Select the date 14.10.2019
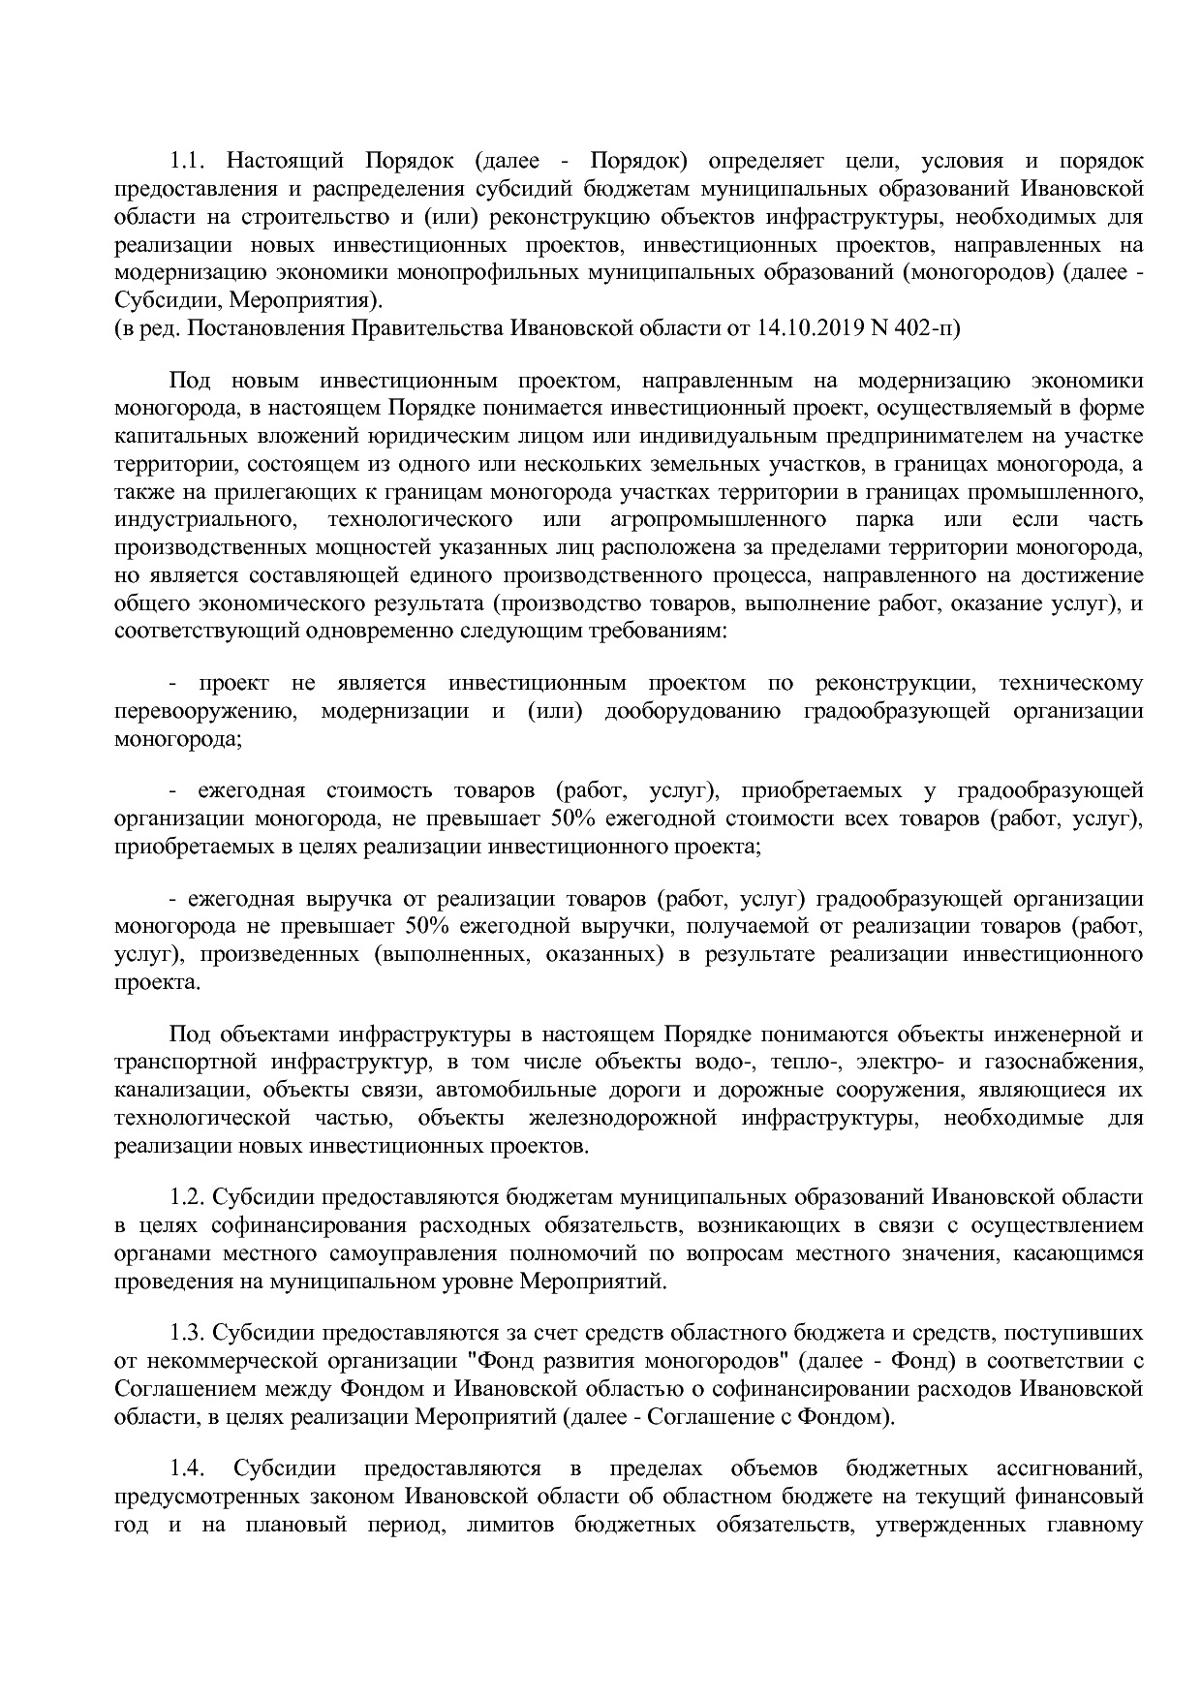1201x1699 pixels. click(808, 328)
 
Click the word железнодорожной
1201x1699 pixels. click(623, 1118)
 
